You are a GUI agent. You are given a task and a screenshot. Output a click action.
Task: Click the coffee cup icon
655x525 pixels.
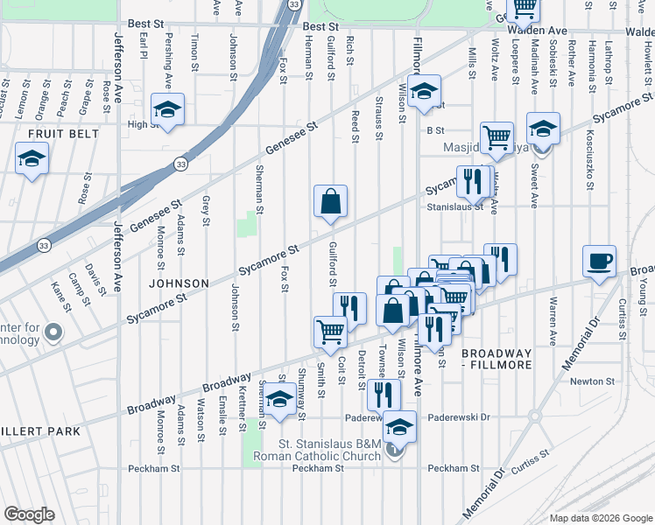(599, 261)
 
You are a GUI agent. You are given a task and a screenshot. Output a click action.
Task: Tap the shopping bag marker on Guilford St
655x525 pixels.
(331, 201)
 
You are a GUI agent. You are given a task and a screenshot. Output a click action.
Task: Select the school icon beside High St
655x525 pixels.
(167, 109)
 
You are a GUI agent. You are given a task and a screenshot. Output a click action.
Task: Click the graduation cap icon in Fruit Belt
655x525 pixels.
(32, 158)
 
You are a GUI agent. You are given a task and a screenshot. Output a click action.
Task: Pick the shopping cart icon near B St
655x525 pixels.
(497, 136)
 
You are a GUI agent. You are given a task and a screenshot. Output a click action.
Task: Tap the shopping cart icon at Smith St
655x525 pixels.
(330, 331)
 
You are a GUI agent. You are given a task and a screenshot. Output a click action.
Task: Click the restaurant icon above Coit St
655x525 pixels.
(349, 307)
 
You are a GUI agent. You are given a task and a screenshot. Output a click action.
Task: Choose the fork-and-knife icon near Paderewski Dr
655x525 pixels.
(383, 395)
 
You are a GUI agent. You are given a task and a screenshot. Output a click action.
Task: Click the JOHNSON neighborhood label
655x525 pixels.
(179, 284)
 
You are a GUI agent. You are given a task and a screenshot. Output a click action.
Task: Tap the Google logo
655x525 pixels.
(29, 514)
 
